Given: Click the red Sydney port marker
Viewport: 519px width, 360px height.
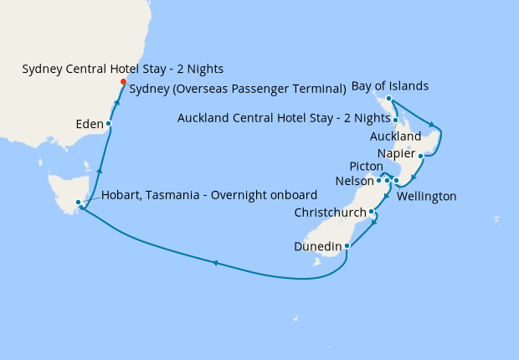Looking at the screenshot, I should pos(123,81).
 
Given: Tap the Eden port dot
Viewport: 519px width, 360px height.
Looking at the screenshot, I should pos(109,124).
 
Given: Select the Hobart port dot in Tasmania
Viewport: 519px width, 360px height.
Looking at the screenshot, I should pos(78,202).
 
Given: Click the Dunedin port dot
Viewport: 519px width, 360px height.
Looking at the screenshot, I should pos(347,246).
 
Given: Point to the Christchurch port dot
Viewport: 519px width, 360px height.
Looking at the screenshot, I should pos(371,212).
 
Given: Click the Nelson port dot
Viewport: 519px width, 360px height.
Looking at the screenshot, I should pos(378,180).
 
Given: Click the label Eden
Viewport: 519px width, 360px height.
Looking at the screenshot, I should pos(88,124).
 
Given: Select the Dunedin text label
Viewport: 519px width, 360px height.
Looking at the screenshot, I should pos(318,246).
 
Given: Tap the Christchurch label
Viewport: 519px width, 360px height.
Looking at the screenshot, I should pos(331,213).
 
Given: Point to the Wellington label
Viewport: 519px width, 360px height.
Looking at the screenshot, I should pos(427,197).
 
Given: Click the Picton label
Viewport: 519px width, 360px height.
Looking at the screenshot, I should pos(367,166).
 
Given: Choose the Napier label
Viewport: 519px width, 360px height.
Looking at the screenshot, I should pos(396,153).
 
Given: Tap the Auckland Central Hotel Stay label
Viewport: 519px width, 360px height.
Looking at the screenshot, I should pos(284,118).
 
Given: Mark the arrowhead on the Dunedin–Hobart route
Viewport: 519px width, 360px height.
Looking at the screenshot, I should pos(215,263).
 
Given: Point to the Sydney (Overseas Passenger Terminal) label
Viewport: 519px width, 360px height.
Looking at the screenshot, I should pos(239,88).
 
